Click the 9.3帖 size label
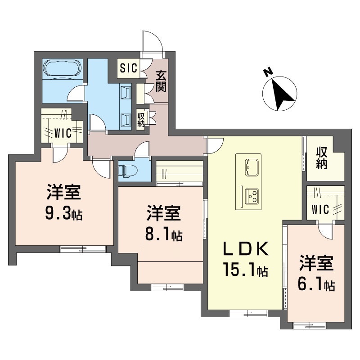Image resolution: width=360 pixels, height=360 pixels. [63, 214]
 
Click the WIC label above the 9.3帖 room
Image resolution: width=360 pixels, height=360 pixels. [62, 133]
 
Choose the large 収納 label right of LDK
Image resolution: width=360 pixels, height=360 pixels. [320, 157]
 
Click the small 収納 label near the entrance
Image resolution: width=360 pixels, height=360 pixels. [141, 119]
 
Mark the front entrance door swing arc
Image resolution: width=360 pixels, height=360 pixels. [153, 41]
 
